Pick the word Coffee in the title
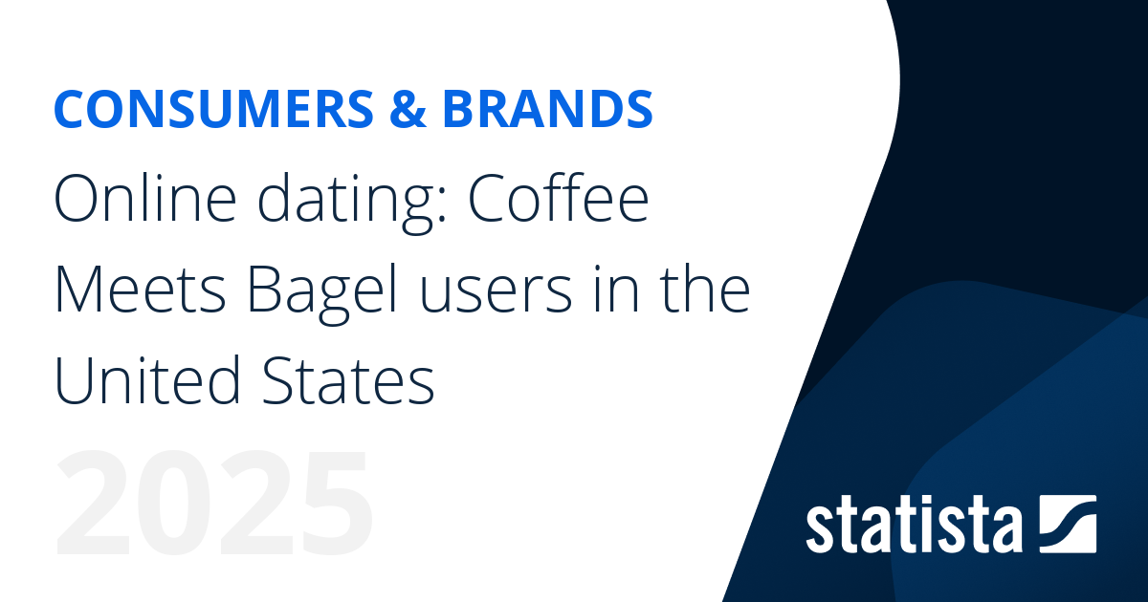click(x=559, y=200)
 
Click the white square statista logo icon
click(x=1067, y=524)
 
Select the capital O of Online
click(x=76, y=202)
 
